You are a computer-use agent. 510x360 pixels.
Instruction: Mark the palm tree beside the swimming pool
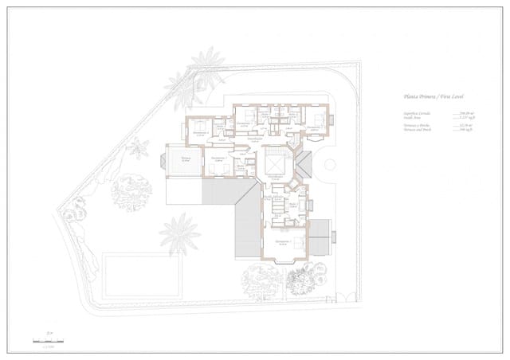pyautogui.click(x=180, y=233)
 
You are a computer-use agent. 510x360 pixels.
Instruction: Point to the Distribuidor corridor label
pyautogui.click(x=254, y=140)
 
